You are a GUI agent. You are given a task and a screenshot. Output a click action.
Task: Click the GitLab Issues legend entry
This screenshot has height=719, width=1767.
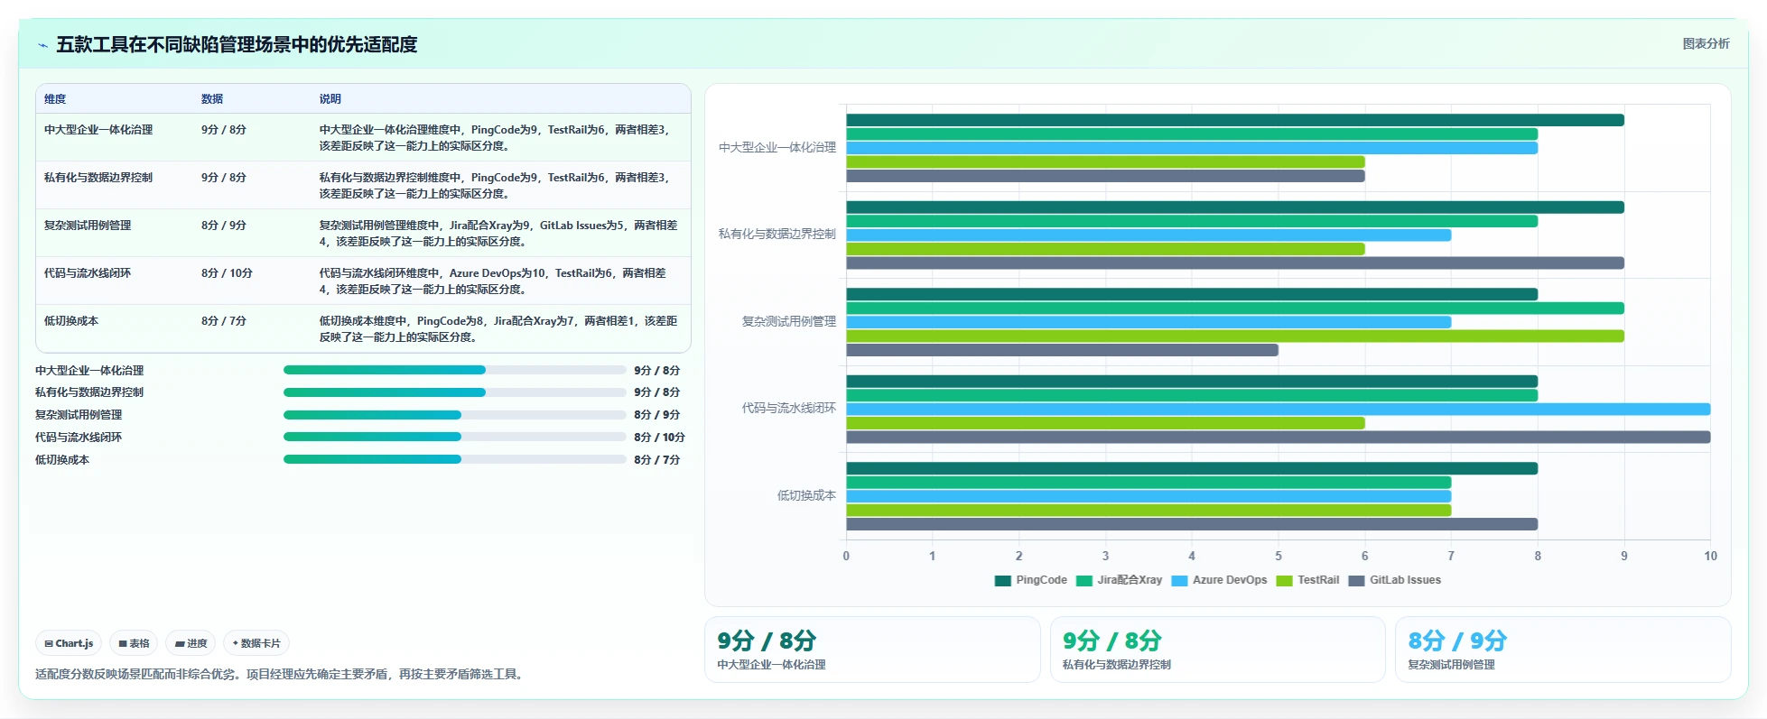coord(1395,580)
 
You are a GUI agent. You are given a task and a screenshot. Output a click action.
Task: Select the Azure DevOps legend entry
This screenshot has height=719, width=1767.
coord(1219,580)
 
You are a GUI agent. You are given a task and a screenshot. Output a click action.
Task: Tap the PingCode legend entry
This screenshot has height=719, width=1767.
coord(1031,580)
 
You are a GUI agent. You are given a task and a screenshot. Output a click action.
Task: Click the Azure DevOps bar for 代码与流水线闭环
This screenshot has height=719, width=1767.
coord(1278,410)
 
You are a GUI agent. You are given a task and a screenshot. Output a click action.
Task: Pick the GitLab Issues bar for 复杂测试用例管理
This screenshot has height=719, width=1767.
coord(1062,350)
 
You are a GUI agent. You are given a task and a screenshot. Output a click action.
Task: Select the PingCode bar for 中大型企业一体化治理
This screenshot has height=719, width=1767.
coord(1234,120)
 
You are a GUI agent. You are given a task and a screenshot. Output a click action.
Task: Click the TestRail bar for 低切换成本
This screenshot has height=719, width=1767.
coord(1149,511)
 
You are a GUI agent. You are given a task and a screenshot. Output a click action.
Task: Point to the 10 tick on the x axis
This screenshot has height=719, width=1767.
coord(1710,556)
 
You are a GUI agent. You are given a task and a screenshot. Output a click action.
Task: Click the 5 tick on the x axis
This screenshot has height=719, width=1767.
coord(1278,556)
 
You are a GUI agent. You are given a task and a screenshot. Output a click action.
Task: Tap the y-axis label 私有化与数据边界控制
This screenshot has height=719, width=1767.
coord(777,234)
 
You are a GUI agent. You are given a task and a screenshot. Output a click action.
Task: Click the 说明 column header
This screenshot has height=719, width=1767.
coord(330,99)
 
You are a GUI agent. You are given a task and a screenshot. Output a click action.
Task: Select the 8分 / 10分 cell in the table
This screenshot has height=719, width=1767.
coord(227,273)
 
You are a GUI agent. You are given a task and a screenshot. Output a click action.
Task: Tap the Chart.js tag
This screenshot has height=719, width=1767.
coord(69,643)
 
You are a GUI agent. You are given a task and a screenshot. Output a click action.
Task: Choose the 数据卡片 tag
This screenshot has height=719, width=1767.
coord(256,643)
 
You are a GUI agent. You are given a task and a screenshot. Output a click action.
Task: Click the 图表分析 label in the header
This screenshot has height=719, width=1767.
coord(1706,43)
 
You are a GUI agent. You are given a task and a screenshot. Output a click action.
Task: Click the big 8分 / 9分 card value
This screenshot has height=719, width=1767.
coord(1457,641)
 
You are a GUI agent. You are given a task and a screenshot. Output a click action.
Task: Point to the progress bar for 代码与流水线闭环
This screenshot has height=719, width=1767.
coord(454,437)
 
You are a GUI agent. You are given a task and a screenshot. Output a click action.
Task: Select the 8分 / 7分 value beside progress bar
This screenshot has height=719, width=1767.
coord(656,460)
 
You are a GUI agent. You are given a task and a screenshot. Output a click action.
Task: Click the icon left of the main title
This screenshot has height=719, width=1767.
coord(42,44)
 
